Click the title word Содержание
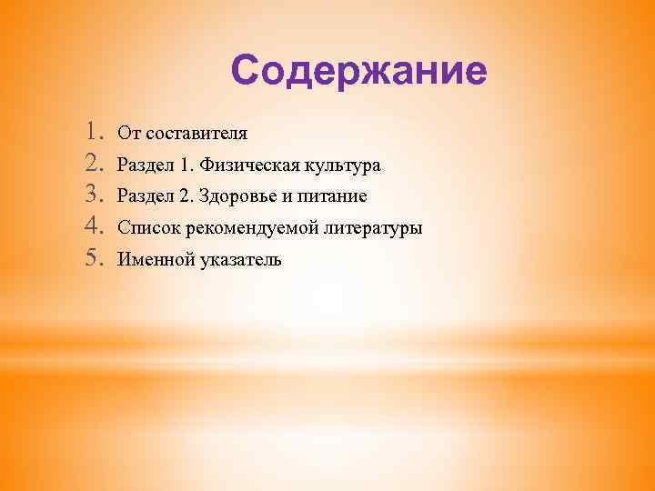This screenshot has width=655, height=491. pyautogui.click(x=359, y=71)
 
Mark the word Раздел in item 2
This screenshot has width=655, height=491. pyautogui.click(x=144, y=166)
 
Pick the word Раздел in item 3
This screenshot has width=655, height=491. pyautogui.click(x=144, y=197)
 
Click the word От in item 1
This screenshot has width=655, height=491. pyautogui.click(x=128, y=135)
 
